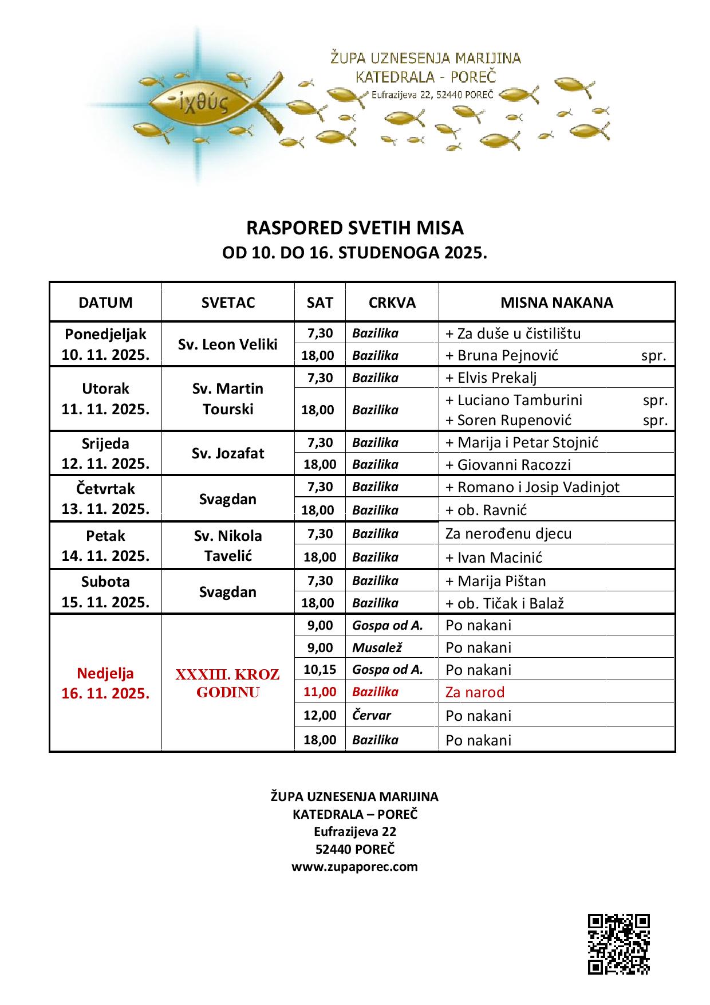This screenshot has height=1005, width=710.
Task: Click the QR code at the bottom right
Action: [x=619, y=944]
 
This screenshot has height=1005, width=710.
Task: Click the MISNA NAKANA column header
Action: [x=556, y=303]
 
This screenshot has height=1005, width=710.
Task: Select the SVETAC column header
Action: [x=228, y=303]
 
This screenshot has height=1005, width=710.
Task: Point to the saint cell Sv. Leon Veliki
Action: [x=228, y=344]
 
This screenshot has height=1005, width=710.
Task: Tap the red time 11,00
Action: [x=319, y=692]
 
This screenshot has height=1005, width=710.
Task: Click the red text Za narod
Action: [x=475, y=692]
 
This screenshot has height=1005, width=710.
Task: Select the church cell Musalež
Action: [x=377, y=647]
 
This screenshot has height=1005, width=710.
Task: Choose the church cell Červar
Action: [x=372, y=716]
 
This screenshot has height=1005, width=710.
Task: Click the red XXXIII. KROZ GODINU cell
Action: [x=228, y=683]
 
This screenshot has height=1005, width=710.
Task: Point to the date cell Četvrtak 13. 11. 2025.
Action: [x=106, y=498]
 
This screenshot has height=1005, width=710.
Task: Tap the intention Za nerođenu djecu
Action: [x=508, y=533]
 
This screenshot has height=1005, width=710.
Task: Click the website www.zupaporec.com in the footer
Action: [x=354, y=866]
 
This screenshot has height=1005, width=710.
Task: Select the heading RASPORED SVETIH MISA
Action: [x=354, y=228]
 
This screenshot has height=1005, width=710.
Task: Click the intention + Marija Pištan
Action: [x=495, y=581]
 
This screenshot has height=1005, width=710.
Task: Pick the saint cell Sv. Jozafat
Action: [x=228, y=453]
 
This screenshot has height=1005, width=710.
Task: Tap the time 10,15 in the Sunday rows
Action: [x=319, y=669]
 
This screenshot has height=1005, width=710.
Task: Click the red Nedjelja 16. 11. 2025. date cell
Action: [x=106, y=683]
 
